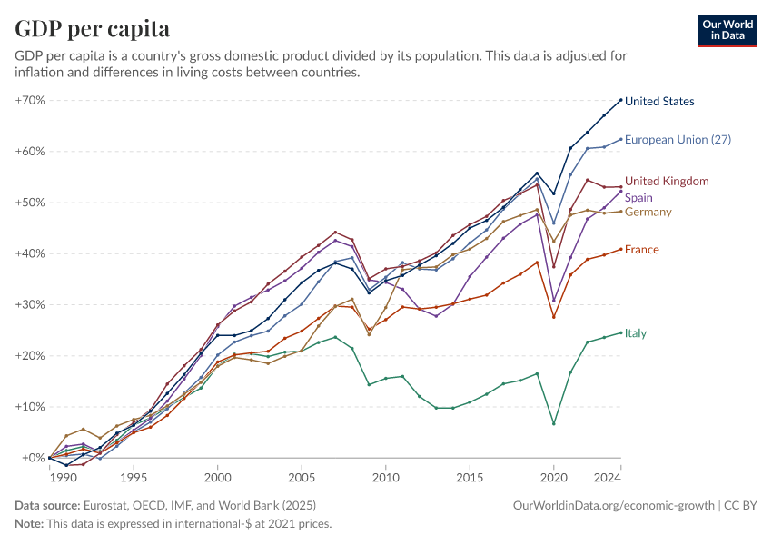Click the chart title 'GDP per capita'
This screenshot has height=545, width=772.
[92, 28]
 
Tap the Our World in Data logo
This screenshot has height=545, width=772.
[727, 30]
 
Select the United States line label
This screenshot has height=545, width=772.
[659, 102]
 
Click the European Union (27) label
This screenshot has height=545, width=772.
[678, 140]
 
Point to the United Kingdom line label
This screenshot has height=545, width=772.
[667, 182]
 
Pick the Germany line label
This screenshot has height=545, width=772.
[648, 213]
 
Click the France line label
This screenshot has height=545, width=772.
[641, 250]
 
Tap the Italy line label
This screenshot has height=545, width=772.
[636, 333]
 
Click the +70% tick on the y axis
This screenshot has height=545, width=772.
[30, 100]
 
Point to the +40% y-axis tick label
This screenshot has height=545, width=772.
[30, 253]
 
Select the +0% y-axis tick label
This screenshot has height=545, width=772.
[33, 458]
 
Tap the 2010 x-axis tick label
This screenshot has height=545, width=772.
[386, 477]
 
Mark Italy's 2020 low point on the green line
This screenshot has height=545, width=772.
[554, 424]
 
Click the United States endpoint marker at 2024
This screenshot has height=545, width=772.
[621, 100]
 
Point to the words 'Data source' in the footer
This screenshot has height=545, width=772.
[47, 505]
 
